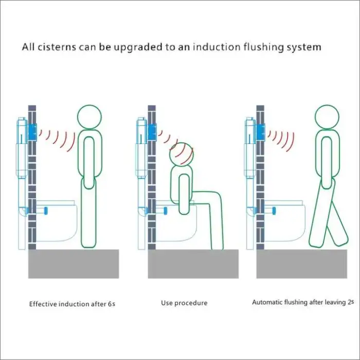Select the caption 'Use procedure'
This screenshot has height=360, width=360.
point(184,303)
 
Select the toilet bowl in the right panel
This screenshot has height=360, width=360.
point(288,221)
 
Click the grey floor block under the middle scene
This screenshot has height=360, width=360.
point(193,264)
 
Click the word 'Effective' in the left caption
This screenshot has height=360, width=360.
point(42,303)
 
